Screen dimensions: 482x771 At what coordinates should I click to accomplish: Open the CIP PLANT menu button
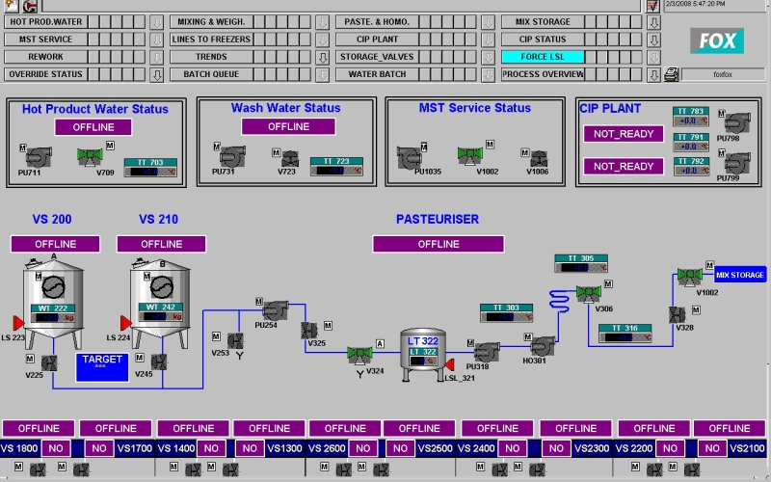(x=377, y=40)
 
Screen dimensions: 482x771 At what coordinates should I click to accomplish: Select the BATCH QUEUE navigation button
(x=211, y=74)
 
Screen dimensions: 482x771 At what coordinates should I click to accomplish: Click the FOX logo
(x=717, y=40)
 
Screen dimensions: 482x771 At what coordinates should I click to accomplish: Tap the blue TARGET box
(x=102, y=366)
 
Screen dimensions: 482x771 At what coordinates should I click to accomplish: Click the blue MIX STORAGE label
(x=740, y=275)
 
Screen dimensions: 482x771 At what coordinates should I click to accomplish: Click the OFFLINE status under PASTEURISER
(x=439, y=244)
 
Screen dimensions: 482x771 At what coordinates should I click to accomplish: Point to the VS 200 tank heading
(x=52, y=220)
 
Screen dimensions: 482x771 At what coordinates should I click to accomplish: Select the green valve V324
(x=360, y=354)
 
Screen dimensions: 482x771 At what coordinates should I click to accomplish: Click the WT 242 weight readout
(x=161, y=312)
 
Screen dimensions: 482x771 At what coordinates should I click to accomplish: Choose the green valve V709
(x=91, y=154)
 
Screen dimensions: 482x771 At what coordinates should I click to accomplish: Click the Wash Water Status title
(x=285, y=108)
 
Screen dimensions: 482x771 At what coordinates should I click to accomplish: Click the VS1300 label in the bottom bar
(x=286, y=447)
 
